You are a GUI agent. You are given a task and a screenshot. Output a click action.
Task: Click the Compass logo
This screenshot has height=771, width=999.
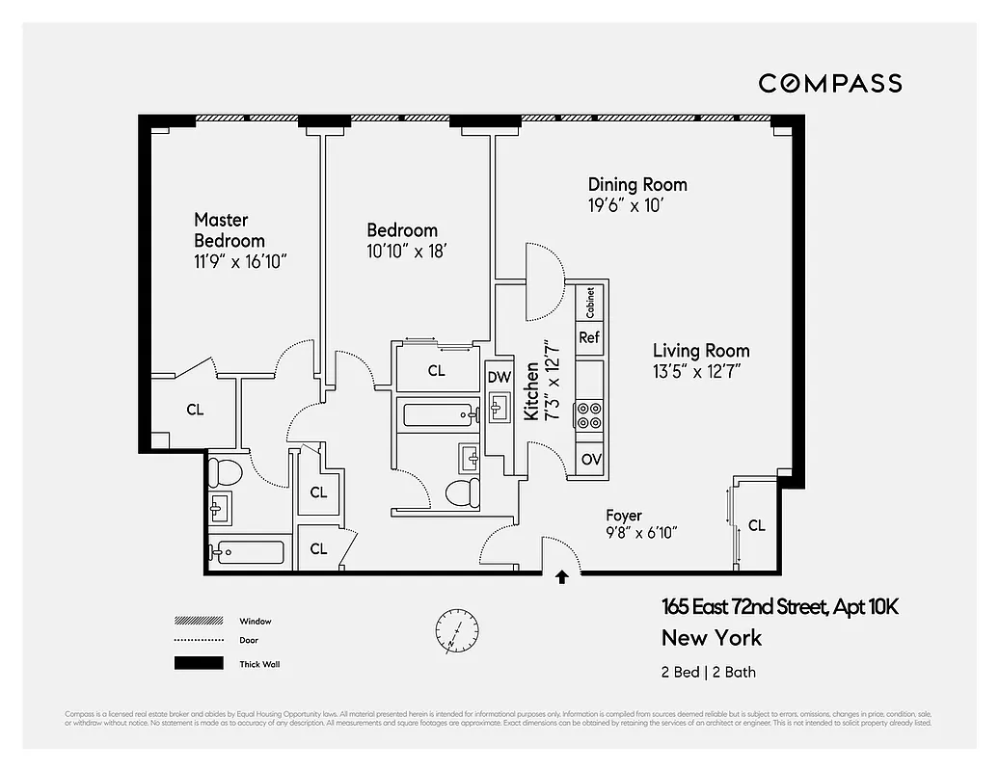[829, 83]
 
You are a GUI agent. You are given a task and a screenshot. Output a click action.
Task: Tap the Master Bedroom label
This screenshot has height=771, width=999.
[229, 230]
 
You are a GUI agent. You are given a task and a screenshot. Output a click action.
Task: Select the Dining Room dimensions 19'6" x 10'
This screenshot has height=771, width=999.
[626, 205]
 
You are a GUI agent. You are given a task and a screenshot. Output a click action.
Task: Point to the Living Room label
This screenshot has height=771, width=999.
[701, 351]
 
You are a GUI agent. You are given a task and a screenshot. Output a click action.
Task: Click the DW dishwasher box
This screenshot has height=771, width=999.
[499, 377]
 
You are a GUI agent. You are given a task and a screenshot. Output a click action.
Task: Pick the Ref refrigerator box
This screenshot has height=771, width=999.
[589, 337]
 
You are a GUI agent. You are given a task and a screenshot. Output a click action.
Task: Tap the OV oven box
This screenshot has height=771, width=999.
[590, 459]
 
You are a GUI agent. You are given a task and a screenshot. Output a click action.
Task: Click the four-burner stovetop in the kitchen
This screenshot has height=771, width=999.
[589, 415]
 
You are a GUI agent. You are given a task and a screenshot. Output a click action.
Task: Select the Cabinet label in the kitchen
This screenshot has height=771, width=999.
[590, 303]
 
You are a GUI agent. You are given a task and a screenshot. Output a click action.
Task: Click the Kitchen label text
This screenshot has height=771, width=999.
[531, 390]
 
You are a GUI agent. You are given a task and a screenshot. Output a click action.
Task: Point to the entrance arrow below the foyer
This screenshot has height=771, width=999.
[562, 577]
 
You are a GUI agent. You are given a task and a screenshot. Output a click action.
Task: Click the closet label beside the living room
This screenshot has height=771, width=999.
[757, 525]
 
